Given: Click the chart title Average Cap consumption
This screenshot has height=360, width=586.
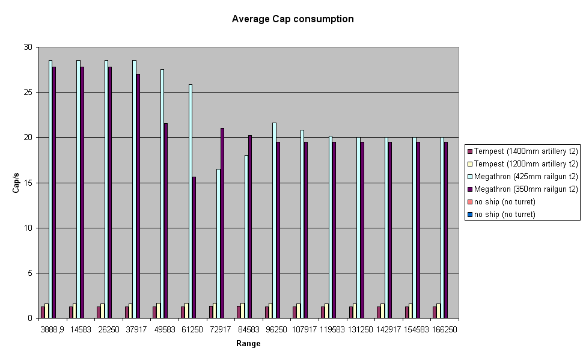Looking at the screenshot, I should coord(293,19).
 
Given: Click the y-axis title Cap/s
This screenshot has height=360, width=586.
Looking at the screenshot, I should coord(17,182).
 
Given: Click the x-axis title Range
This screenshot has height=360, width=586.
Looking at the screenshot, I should coord(248,344).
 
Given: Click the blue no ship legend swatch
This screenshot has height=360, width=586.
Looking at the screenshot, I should coord(470,215).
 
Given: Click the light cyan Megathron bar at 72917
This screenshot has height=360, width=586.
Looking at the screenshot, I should coord(219,243).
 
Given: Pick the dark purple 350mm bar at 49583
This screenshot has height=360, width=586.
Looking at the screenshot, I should coord(166,221).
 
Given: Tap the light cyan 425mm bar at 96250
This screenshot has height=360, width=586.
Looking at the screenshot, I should coord(275,220).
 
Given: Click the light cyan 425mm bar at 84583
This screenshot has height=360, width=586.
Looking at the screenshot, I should coord(246,236).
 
